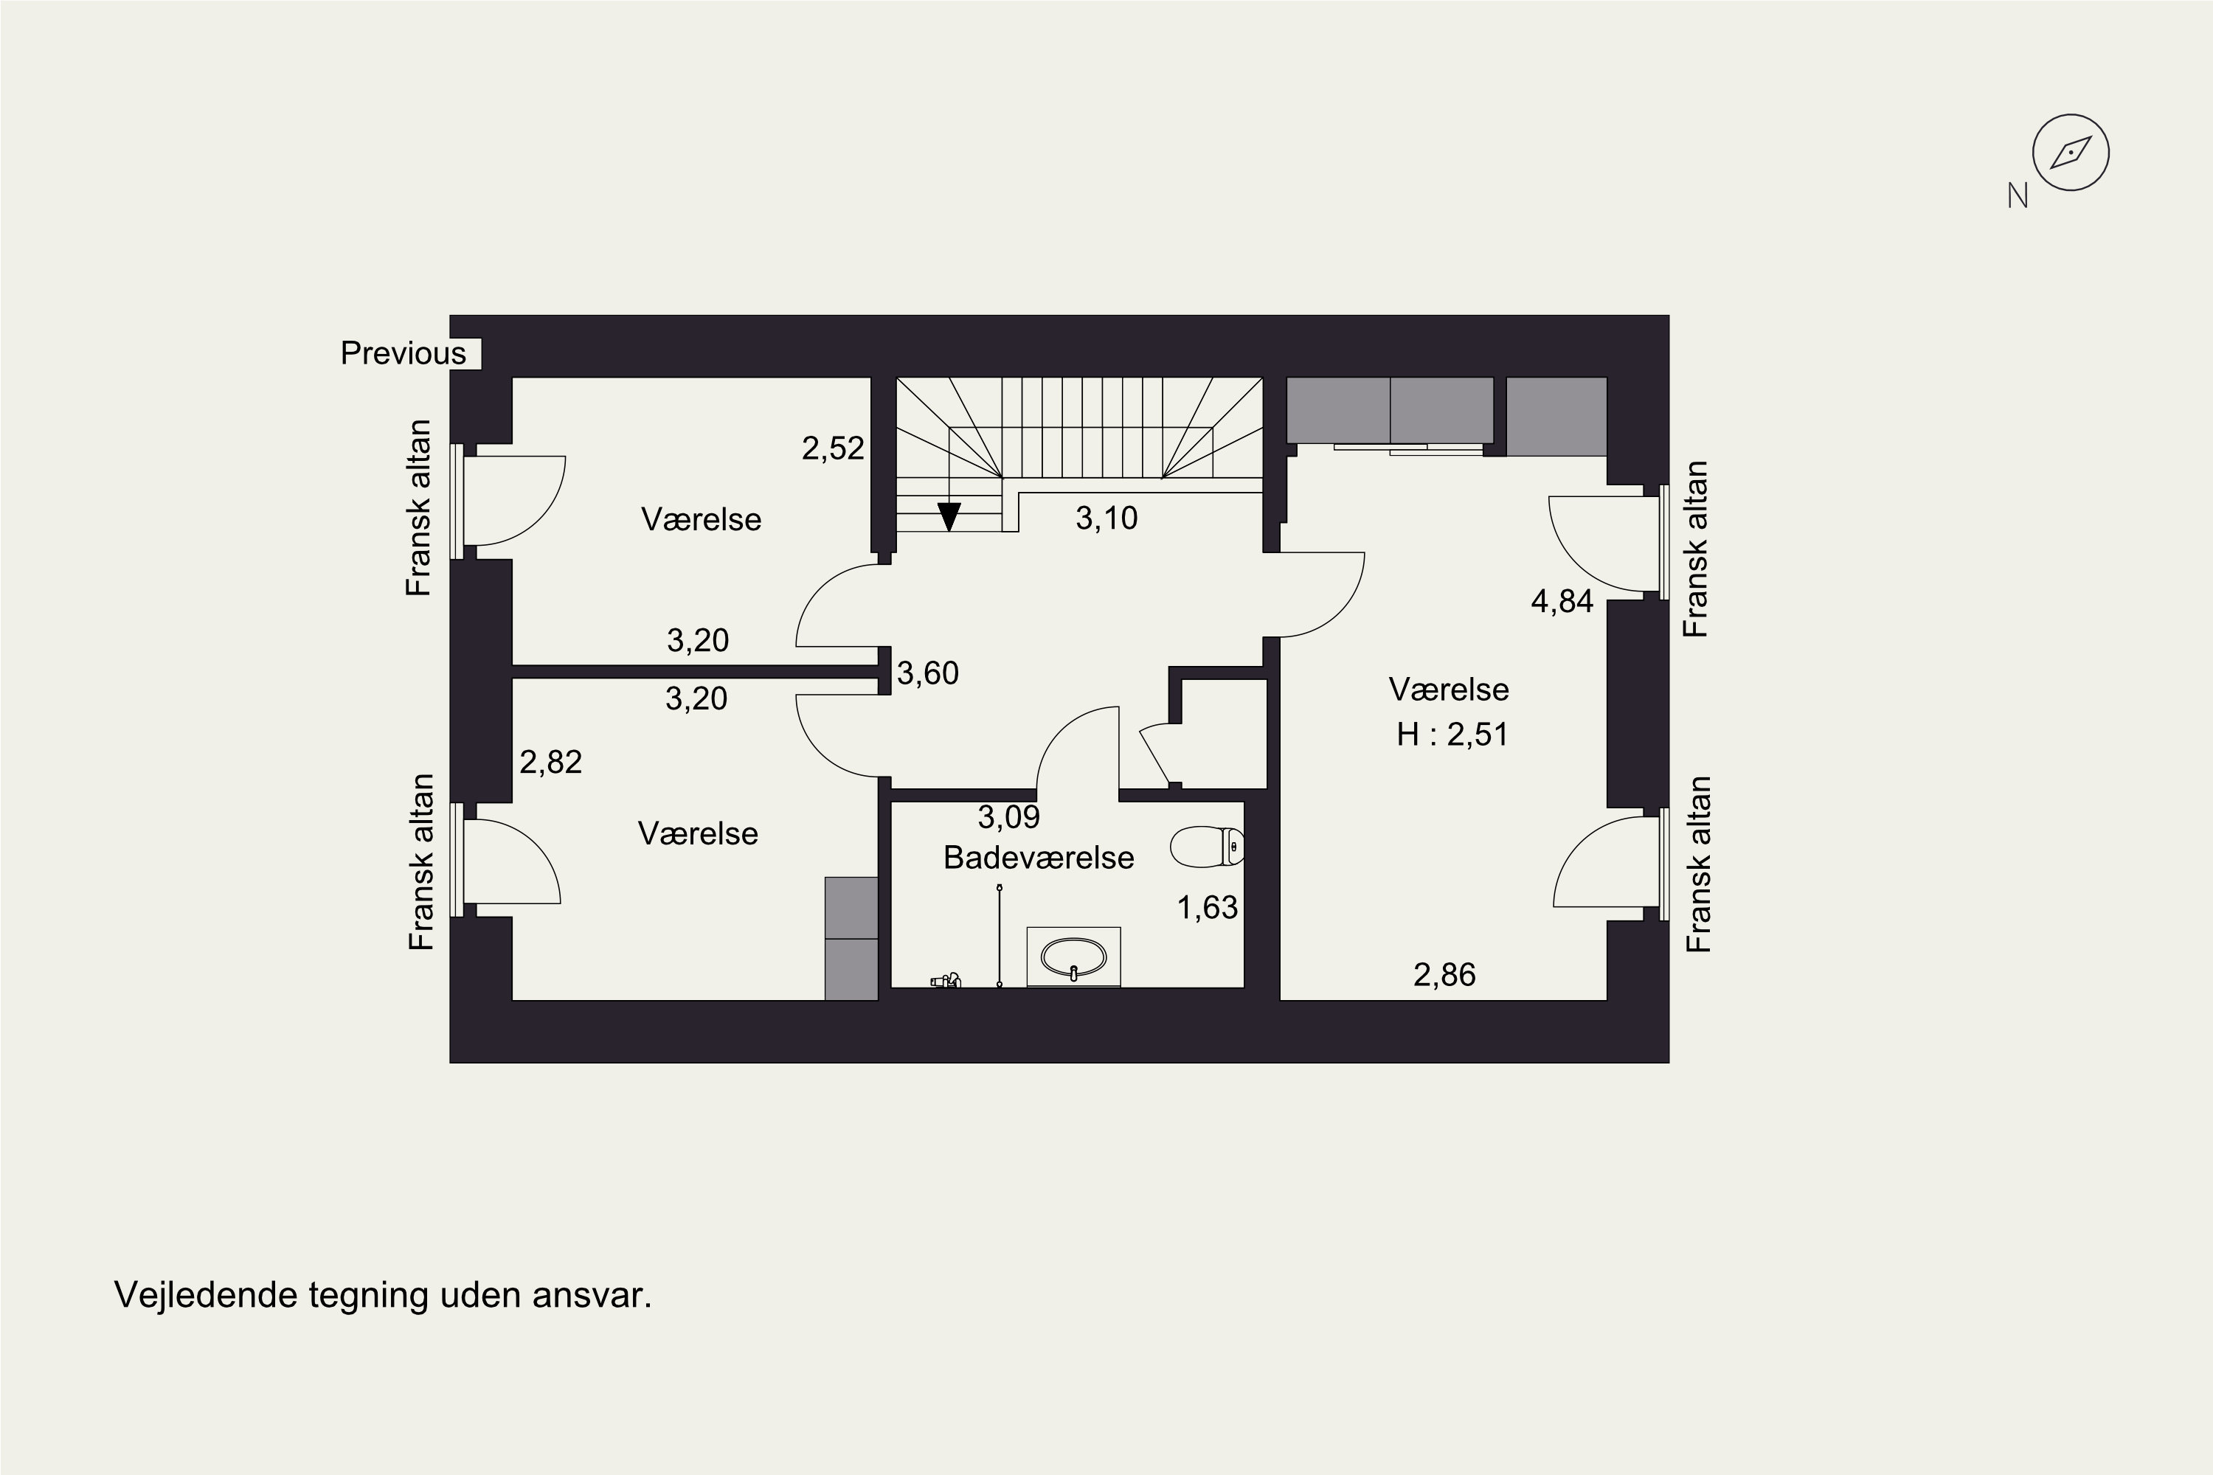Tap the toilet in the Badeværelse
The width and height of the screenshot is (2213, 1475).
1207,847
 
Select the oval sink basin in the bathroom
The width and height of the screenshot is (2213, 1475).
1073,957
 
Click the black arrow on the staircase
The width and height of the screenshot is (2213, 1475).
949,516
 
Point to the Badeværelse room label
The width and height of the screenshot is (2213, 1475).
1039,858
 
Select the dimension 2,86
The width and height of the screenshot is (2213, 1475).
1444,974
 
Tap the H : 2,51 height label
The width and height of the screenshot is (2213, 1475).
1452,734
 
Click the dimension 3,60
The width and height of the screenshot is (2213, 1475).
928,673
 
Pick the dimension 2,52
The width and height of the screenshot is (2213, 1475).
833,448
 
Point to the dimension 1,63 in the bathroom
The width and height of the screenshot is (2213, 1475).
1207,908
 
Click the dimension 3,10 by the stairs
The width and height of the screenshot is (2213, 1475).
1106,518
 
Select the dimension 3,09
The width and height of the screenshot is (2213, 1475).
1008,817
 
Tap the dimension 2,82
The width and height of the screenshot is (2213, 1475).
550,762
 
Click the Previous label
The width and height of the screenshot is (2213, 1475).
403,354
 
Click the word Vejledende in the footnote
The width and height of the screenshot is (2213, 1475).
205,1295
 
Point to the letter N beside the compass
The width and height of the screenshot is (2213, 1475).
2018,195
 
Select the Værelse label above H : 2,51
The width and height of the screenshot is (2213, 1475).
1449,690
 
